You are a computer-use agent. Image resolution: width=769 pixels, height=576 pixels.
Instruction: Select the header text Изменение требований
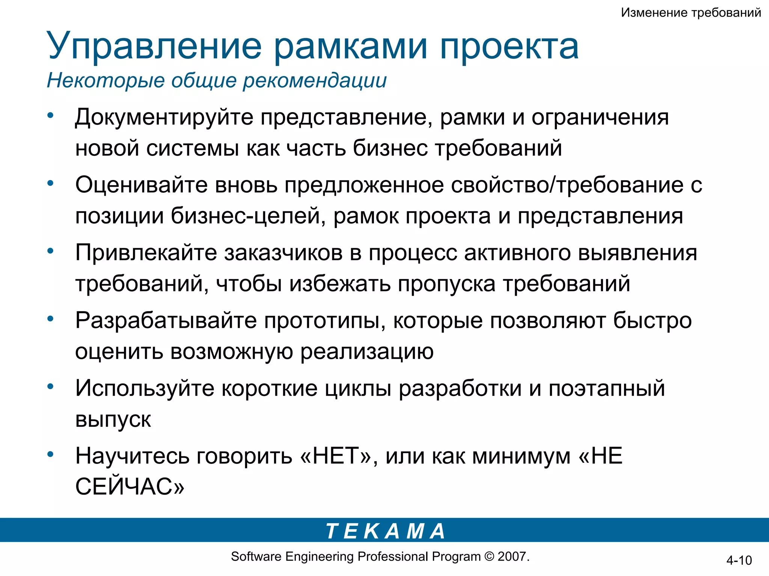point(691,12)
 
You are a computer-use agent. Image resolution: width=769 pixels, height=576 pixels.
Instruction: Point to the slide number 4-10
point(739,560)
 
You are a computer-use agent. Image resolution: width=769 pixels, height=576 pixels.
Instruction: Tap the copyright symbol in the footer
point(489,556)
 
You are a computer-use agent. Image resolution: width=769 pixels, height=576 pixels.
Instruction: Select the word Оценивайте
point(141,185)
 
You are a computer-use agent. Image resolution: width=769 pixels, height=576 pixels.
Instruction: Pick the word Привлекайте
point(146,252)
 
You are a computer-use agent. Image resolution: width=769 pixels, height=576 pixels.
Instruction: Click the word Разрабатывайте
point(166,320)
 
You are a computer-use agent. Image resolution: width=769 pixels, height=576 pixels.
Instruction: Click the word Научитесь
point(132,456)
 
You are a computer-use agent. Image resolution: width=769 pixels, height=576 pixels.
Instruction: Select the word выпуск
point(113,419)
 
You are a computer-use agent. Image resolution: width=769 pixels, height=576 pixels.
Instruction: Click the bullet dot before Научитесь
point(50,454)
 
